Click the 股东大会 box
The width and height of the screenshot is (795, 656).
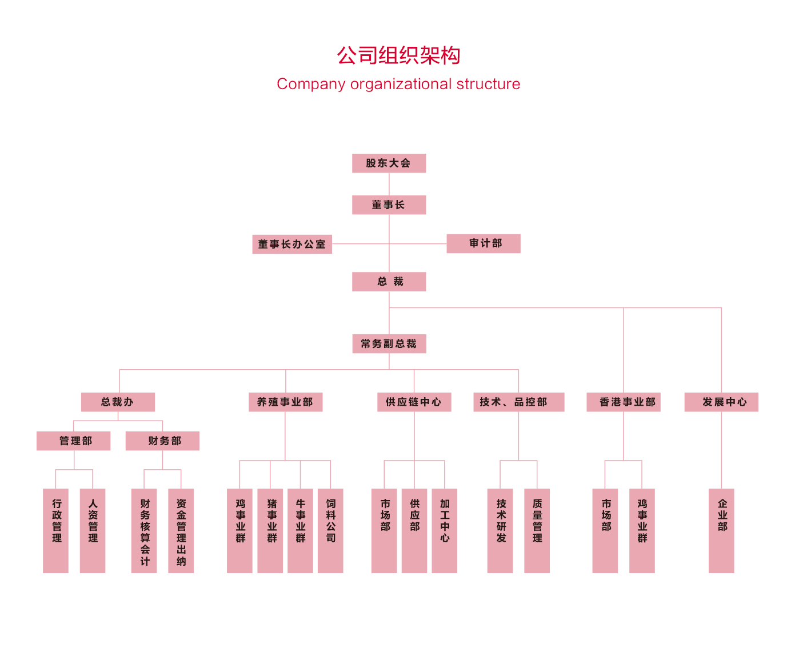[389, 163]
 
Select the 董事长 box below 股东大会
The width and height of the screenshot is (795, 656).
[389, 205]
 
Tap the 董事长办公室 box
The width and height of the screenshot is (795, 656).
[292, 245]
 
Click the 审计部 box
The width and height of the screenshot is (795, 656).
[484, 243]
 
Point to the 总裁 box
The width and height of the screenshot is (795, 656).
[389, 282]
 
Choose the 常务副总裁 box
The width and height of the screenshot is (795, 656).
[389, 344]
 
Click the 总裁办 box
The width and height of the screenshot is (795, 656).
[118, 402]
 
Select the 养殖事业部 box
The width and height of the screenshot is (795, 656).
[285, 402]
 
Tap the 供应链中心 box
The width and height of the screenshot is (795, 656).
[414, 402]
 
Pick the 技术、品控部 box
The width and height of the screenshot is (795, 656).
[518, 402]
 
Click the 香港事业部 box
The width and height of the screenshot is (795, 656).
[623, 402]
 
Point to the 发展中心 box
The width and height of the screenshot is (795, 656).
[721, 402]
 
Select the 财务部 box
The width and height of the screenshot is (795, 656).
[162, 441]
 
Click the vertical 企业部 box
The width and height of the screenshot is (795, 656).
[721, 530]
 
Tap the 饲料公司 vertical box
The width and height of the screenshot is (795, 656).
[330, 530]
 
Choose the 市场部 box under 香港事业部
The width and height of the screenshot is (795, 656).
[605, 530]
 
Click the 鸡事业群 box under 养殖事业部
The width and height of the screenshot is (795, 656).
[239, 530]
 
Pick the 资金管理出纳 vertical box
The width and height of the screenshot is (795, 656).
[181, 530]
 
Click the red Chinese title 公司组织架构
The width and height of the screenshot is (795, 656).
[398, 55]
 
